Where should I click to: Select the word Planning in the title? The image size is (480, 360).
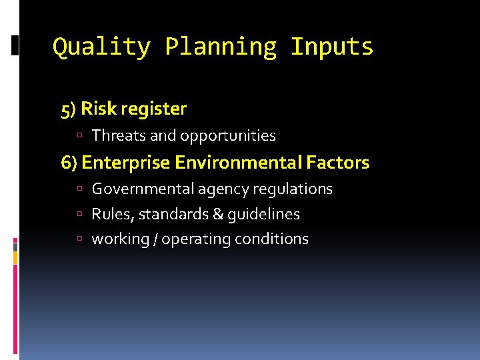click(x=220, y=47)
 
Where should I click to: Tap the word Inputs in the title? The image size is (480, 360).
click(x=332, y=47)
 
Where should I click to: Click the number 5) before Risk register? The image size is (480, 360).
click(x=69, y=109)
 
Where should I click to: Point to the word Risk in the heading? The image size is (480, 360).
click(x=97, y=109)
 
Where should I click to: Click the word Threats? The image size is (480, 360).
click(x=119, y=136)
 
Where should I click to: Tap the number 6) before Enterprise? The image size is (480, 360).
click(x=69, y=163)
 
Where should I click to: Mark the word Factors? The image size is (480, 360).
click(x=338, y=162)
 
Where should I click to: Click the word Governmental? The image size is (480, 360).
click(x=143, y=189)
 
